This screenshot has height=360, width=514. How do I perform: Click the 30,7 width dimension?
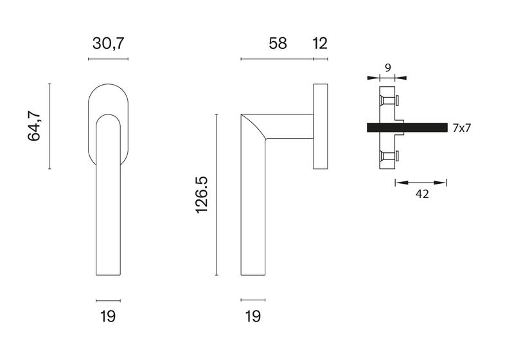pos(109,44)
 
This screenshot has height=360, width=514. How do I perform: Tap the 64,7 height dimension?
pos(35,126)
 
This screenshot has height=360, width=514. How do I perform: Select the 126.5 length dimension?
pos(202,195)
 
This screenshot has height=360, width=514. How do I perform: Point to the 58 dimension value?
pos(278,44)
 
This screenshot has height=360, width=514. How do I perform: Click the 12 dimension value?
pos(320,44)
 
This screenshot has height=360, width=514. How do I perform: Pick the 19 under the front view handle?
pos(108,317)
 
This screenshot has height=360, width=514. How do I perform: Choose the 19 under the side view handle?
pos(253,317)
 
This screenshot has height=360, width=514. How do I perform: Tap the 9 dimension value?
pos(388,68)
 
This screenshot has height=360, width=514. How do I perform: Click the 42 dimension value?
pos(422,194)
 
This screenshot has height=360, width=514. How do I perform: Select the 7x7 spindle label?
pos(461,128)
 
